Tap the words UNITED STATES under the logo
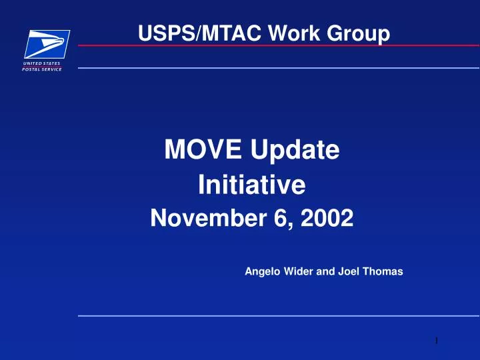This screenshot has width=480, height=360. pyautogui.click(x=43, y=63)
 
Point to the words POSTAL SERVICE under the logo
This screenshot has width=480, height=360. pyautogui.click(x=43, y=69)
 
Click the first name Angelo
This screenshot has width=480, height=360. pyautogui.click(x=261, y=271)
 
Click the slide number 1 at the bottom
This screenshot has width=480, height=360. pyautogui.click(x=435, y=341)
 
